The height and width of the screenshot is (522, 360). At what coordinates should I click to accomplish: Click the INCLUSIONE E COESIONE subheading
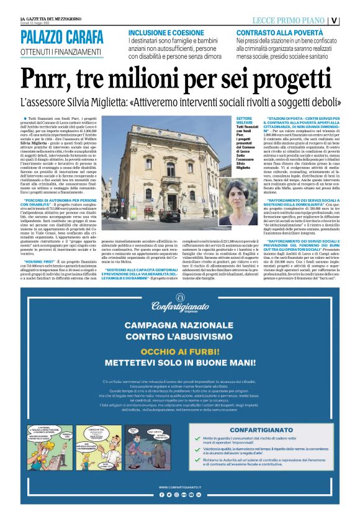[164, 32]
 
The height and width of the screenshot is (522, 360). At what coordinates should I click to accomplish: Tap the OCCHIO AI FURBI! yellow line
[180, 349]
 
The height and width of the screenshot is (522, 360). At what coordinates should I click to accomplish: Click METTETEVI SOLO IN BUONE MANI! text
[180, 361]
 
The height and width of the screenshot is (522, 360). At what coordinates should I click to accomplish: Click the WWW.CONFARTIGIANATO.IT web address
[180, 487]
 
